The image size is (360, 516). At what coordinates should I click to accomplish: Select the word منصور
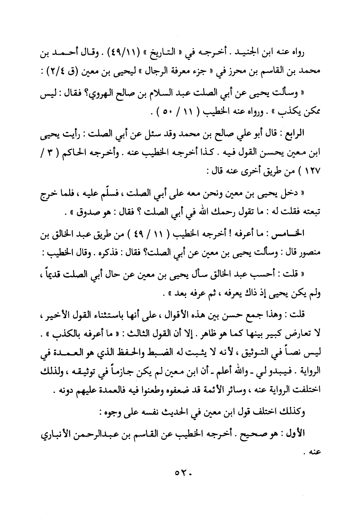[308, 252]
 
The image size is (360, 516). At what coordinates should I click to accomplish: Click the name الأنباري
[55, 434]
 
